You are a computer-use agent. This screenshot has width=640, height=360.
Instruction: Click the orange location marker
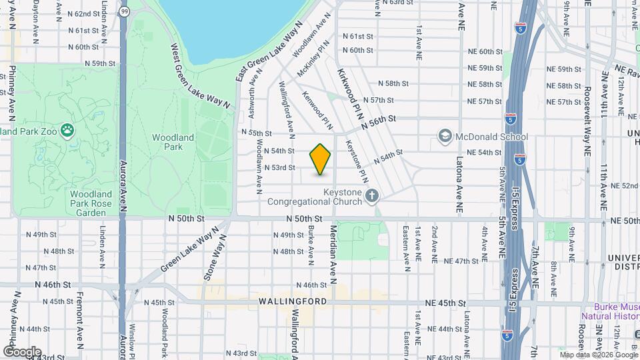click(x=321, y=159)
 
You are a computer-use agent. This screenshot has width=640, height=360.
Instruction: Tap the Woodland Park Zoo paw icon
click(x=67, y=130)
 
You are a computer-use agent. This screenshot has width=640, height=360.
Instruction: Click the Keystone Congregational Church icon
click(x=372, y=196)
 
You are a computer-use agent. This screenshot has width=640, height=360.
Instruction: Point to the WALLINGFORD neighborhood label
click(x=293, y=301)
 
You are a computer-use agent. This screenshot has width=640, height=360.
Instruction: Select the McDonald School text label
click(x=491, y=137)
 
